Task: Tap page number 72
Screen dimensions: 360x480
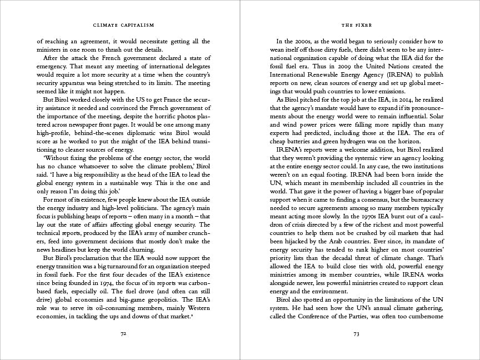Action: click(x=123, y=334)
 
